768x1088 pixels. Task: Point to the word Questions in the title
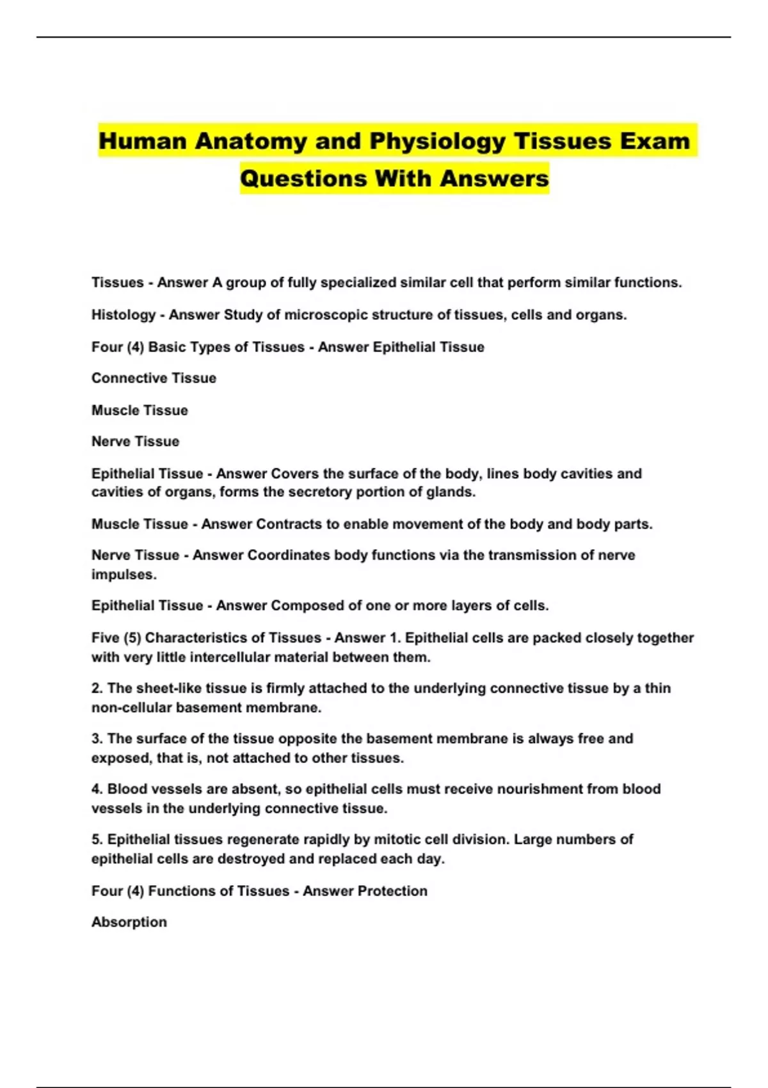pos(304,178)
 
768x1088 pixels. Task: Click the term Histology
pos(124,315)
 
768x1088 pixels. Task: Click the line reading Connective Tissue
pos(154,378)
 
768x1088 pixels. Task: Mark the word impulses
pos(124,575)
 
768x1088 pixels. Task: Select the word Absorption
pos(129,922)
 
